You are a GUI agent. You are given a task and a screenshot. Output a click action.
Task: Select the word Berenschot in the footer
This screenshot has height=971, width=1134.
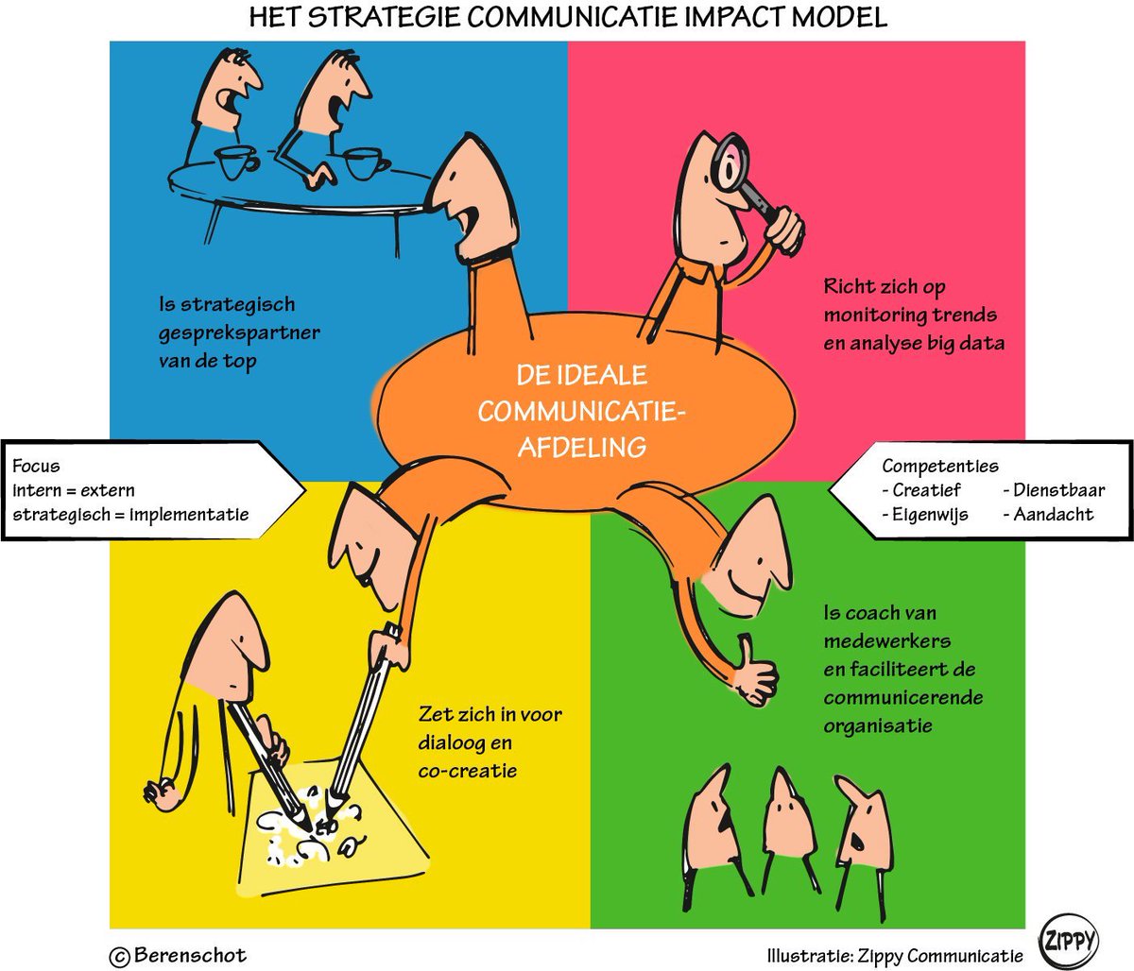pos(190,955)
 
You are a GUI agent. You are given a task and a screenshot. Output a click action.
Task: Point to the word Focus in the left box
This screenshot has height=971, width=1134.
pos(36,466)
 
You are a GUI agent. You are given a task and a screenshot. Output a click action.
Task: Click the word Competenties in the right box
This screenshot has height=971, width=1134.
pos(939,466)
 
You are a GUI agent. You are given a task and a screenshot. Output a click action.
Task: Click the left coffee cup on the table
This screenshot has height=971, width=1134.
pos(237,162)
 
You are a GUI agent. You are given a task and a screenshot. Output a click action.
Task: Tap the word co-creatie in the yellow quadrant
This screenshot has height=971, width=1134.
pos(468,771)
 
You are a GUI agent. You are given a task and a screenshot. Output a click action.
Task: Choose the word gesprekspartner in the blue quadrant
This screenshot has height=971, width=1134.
pos(239,333)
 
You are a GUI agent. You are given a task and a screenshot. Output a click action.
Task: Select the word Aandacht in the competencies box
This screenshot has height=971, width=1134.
pos(1053,515)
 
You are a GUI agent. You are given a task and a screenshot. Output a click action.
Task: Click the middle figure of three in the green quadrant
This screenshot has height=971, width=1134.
pos(789,822)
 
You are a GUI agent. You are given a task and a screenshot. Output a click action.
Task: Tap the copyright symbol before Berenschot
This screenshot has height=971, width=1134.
pos(120,956)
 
